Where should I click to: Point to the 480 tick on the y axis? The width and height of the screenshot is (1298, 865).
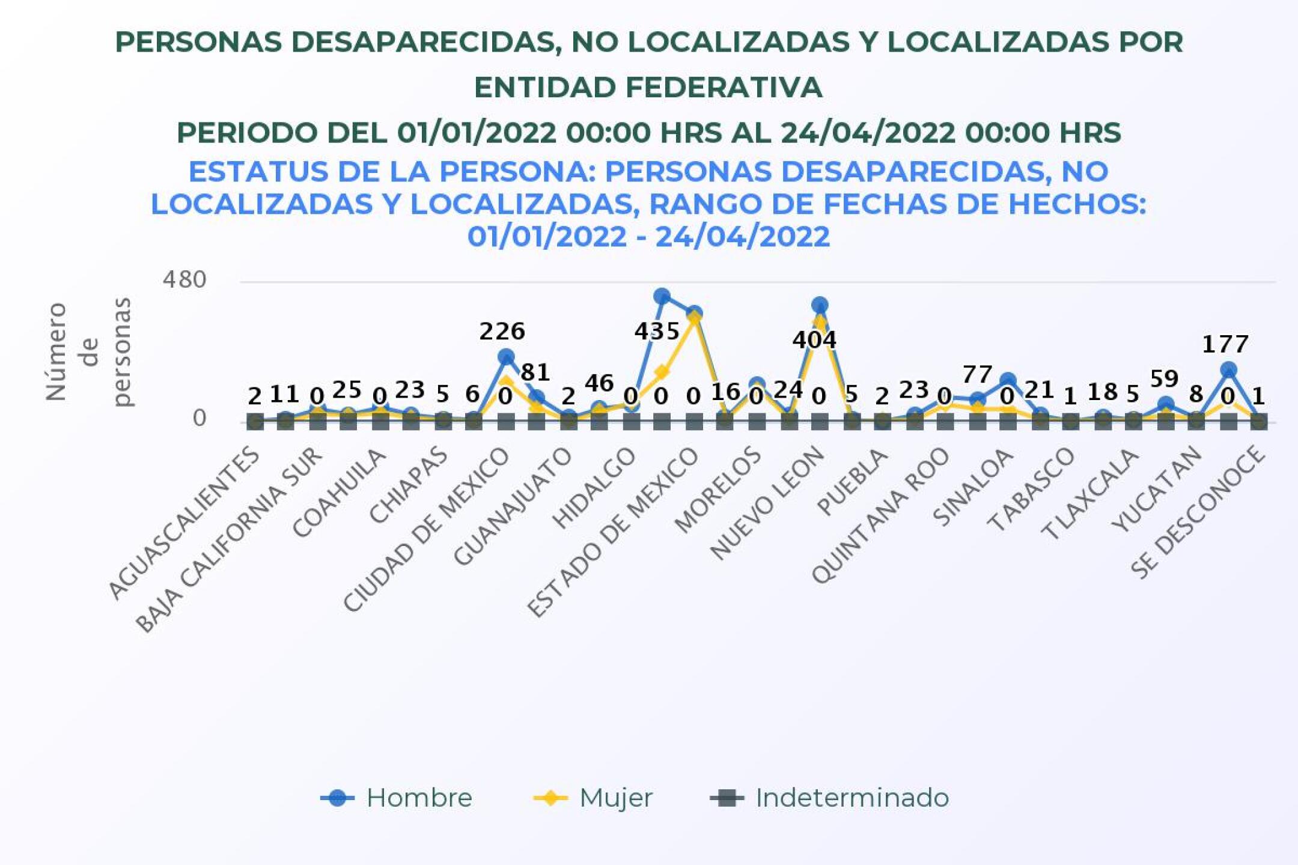click(184, 280)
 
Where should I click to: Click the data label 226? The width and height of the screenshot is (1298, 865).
click(502, 332)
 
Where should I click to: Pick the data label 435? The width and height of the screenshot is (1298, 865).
click(657, 332)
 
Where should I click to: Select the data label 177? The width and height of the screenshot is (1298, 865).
click(1225, 345)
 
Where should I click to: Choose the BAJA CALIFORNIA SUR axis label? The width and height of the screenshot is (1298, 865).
click(230, 541)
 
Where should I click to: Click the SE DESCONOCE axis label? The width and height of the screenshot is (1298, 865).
click(1199, 512)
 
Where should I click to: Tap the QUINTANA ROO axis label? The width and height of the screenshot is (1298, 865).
click(881, 515)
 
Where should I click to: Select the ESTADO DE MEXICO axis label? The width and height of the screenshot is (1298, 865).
click(614, 532)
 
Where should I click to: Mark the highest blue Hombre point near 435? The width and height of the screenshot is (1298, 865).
click(662, 296)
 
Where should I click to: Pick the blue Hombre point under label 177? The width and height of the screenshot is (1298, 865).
click(1228, 370)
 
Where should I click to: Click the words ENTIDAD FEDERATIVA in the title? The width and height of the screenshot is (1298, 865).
click(648, 88)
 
